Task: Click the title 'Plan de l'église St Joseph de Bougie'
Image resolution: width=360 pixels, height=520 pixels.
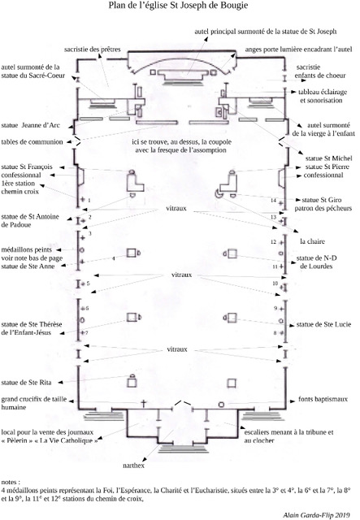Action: tap(178, 6)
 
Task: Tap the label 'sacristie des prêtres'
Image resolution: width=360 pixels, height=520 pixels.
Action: tap(93, 50)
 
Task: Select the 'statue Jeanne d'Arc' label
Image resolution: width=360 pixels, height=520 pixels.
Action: tap(31, 125)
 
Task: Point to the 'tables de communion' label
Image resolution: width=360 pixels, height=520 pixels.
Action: tap(32, 142)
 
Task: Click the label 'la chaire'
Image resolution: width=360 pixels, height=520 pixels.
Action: tap(312, 241)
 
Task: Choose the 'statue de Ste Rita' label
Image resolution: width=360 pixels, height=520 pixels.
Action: tap(26, 383)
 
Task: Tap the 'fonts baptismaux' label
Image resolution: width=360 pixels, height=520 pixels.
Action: tap(323, 399)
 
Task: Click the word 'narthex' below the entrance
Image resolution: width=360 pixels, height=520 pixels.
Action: tap(133, 466)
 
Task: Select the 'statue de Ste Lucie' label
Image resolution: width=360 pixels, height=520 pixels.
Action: tap(323, 324)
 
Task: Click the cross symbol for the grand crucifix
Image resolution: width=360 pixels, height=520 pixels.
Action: tap(143, 404)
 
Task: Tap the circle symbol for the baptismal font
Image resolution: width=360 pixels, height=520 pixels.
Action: tap(221, 405)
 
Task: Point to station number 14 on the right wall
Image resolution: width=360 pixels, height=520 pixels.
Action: tap(273, 201)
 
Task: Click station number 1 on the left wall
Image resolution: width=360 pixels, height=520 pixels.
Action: tap(89, 201)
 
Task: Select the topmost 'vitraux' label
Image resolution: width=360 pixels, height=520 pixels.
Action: tap(176, 208)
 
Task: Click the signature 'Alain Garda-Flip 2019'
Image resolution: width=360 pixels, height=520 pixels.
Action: tap(317, 514)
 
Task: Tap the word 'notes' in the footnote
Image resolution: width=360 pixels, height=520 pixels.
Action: tap(10, 482)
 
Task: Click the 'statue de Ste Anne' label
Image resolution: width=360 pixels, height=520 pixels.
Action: tap(28, 266)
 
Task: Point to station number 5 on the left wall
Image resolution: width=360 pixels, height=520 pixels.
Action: tap(88, 284)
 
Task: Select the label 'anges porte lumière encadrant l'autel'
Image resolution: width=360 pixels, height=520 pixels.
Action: tap(298, 50)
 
